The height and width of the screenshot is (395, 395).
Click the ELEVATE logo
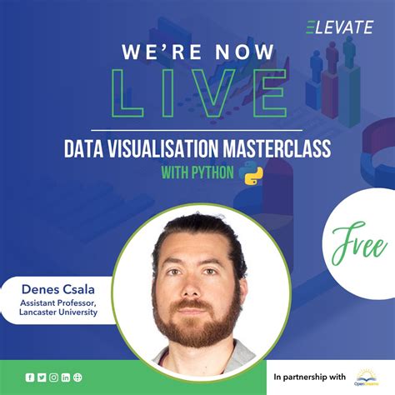(339, 27)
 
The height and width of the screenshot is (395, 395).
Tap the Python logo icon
(247, 176)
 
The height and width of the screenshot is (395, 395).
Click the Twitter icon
(42, 377)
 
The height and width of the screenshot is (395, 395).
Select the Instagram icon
(53, 377)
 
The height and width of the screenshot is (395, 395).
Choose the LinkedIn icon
(66, 377)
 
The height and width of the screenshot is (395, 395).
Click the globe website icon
(77, 377)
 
